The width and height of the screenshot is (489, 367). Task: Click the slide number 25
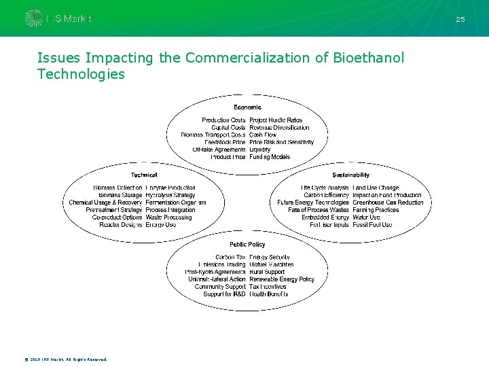coord(460,19)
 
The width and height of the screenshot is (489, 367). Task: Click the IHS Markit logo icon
coord(33,18)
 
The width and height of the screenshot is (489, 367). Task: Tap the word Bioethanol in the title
coord(369,58)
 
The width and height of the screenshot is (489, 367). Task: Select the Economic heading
coord(247,107)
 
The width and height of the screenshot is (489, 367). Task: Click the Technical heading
coord(143,175)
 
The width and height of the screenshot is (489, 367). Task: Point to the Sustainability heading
coord(351,175)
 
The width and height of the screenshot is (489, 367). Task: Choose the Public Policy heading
coord(247,244)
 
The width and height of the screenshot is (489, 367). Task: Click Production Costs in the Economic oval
coord(223,120)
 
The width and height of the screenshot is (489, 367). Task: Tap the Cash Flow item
coord(264,135)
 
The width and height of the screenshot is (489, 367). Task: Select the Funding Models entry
coord(270,157)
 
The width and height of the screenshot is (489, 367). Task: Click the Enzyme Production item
coord(170,188)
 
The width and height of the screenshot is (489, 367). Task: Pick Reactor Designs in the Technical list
coord(121,224)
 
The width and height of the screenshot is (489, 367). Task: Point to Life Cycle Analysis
coord(325,188)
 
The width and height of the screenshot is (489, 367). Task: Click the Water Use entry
coord(367,217)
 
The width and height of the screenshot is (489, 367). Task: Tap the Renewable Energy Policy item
coord(282,279)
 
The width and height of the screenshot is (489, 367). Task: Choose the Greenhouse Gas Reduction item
coord(388,203)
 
